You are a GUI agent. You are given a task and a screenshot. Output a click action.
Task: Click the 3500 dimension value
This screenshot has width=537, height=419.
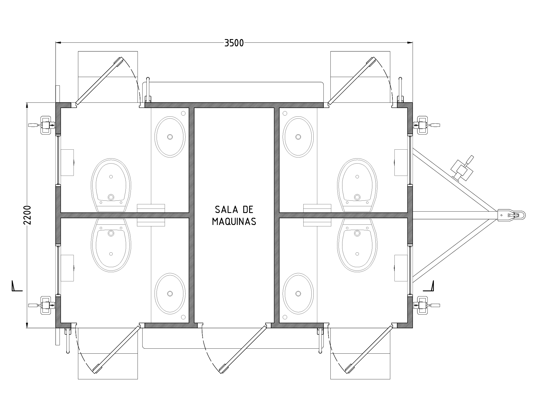234,43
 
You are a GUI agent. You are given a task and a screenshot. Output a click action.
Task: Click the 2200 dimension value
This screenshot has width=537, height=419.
27,215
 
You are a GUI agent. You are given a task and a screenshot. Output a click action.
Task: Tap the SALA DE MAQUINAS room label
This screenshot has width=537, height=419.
234,215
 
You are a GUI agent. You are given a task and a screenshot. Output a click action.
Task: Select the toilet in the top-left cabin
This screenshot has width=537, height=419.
111,185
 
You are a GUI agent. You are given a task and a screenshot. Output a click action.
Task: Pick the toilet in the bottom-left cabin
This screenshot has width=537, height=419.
111,245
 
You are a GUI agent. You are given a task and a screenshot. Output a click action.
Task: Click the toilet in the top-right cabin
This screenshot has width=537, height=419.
357,185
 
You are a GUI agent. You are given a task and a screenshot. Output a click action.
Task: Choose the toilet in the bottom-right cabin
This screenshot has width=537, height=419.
357,245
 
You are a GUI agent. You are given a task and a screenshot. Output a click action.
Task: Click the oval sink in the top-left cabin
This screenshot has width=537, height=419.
170,137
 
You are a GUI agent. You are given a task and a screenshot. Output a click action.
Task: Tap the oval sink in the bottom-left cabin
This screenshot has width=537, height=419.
170,293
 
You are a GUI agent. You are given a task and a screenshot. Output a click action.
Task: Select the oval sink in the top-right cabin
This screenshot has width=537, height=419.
298,137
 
